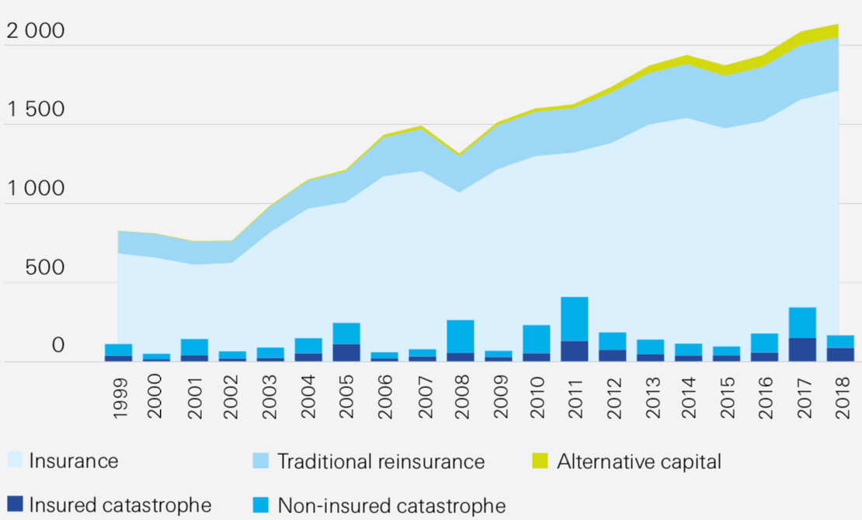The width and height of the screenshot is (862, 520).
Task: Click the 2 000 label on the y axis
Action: click(x=36, y=32)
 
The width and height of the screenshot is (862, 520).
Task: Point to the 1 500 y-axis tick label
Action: click(x=36, y=111)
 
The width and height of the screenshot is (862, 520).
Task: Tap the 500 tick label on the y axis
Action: click(x=45, y=269)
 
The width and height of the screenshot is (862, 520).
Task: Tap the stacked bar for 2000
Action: click(x=156, y=357)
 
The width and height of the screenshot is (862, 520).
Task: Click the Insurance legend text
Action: click(x=74, y=461)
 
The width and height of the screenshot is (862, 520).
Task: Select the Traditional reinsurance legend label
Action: click(x=381, y=462)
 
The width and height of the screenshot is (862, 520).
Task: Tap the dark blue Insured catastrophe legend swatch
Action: click(x=15, y=505)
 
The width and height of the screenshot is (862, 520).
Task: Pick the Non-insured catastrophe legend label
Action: click(x=391, y=506)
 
